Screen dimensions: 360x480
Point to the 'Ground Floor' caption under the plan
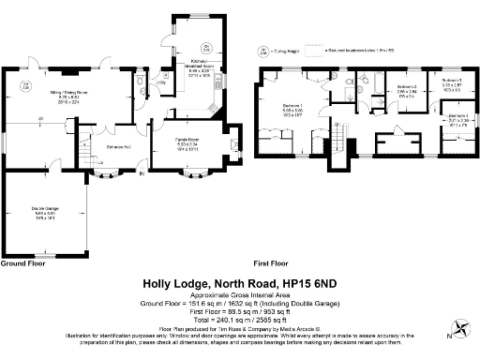point(22,263)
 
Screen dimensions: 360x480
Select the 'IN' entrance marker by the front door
point(142,172)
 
